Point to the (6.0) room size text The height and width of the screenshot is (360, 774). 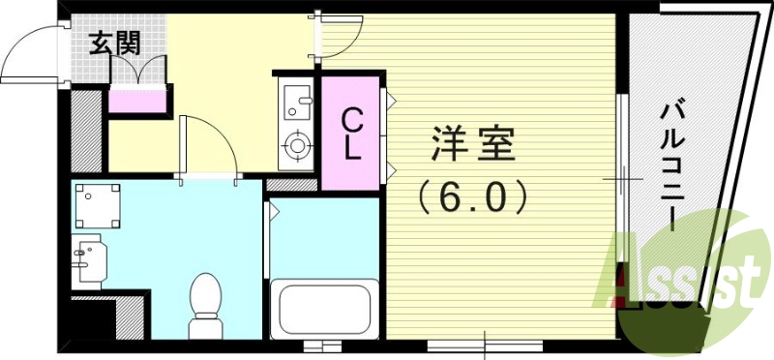point(472,198)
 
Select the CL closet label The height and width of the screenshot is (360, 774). point(352,134)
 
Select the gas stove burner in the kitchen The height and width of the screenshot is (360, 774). point(295,146)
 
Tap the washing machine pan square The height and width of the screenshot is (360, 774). point(97,205)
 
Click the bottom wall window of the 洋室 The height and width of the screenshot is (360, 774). point(471,344)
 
